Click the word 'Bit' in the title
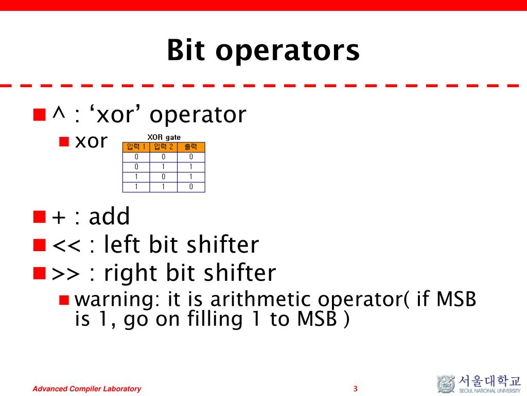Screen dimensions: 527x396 [x=186, y=50]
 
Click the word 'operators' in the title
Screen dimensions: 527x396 [x=287, y=51]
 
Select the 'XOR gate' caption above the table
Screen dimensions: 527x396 [x=164, y=137]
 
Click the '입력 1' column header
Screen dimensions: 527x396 [x=136, y=147]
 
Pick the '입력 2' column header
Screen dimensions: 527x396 [x=163, y=147]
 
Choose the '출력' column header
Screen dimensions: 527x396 [x=191, y=147]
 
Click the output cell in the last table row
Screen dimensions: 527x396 [x=191, y=187]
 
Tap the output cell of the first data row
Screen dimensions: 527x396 [x=191, y=157]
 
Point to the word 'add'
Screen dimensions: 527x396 [x=109, y=216]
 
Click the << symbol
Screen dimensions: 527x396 [x=66, y=245]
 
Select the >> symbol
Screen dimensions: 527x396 [x=66, y=273]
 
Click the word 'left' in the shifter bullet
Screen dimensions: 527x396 [x=121, y=244]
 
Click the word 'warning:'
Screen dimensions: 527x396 [x=117, y=300]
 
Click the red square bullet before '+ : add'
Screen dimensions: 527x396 [x=39, y=217]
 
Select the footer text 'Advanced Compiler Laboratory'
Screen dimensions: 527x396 [x=86, y=389]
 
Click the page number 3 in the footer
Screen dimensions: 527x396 [x=355, y=389]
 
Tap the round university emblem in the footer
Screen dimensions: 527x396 [x=446, y=384]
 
